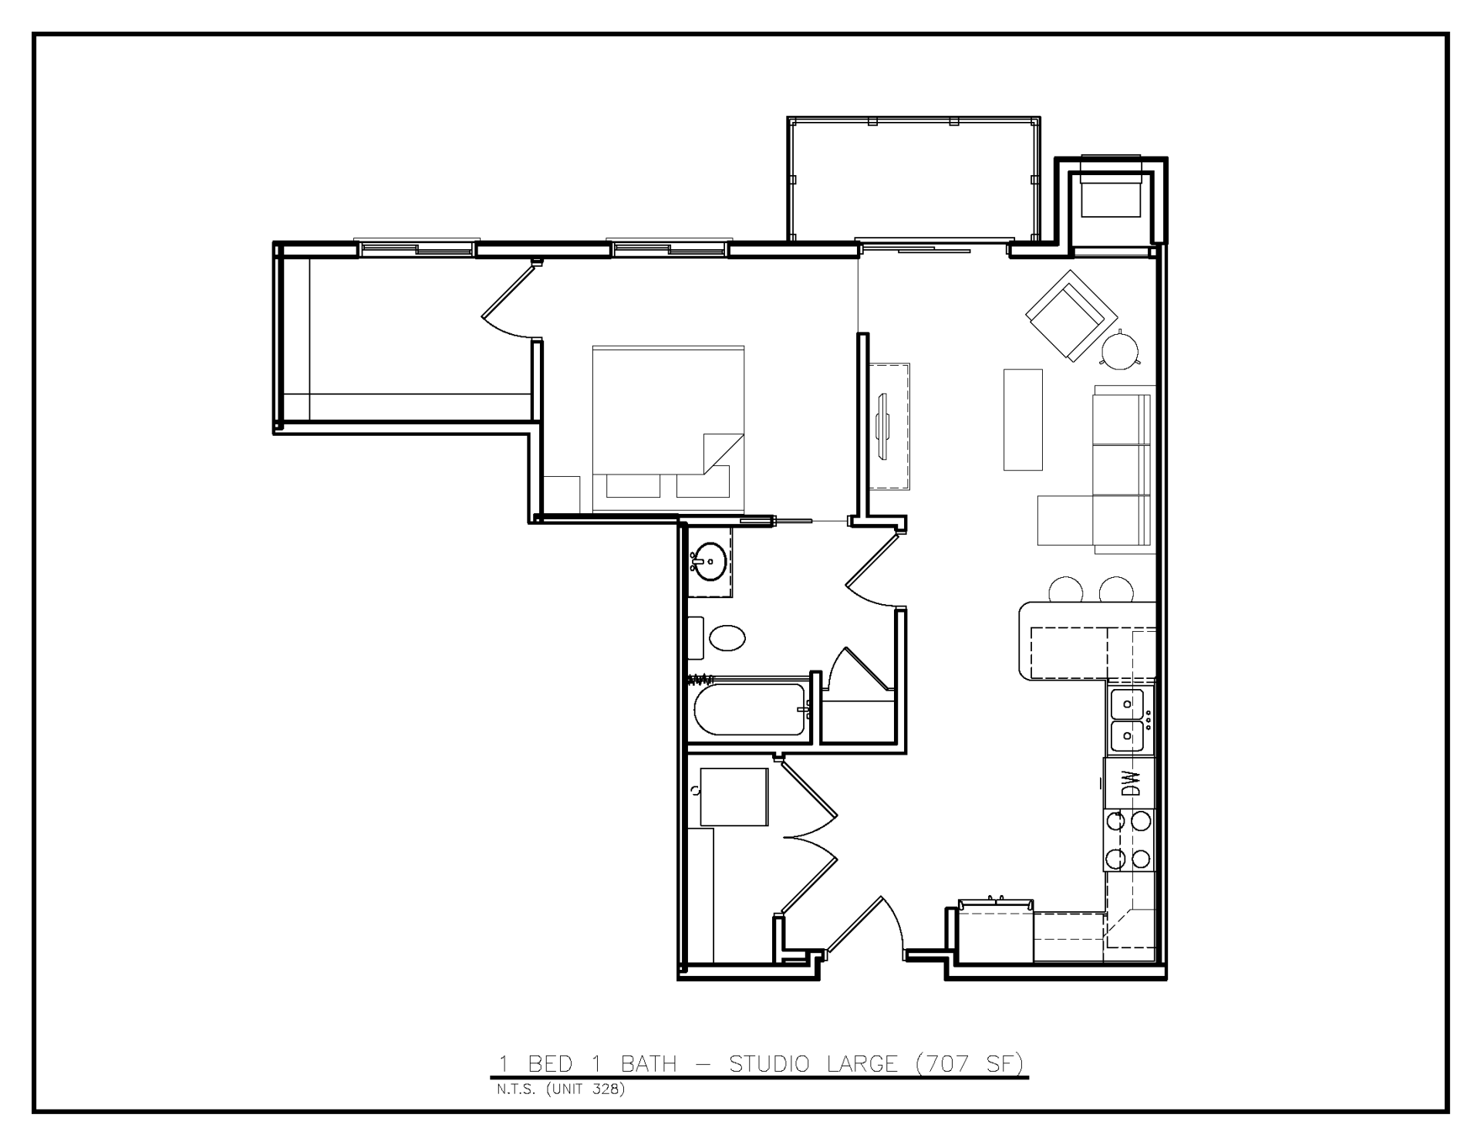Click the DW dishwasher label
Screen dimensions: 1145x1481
1130,784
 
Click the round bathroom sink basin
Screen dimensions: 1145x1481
708,560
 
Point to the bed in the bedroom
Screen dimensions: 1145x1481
668,428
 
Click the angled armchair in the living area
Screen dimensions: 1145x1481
1071,315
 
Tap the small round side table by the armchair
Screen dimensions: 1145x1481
1119,350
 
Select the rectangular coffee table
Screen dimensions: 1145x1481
1023,419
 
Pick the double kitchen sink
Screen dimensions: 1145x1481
1128,721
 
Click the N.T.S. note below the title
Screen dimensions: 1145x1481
516,1090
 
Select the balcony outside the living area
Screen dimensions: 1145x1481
913,179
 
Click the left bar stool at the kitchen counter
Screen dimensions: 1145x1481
1065,590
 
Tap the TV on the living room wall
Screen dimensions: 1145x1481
883,426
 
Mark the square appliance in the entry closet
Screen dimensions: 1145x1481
734,797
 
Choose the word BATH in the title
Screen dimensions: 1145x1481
649,1064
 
